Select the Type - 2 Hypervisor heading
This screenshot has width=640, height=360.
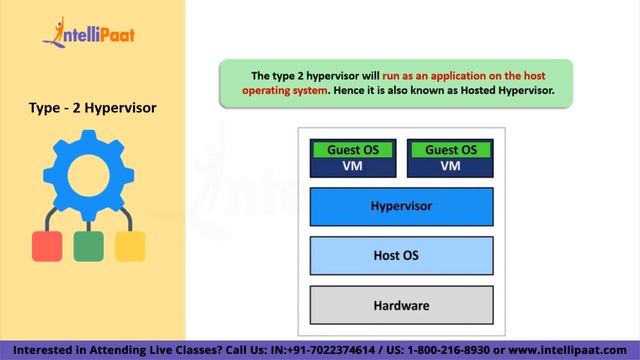pyautogui.click(x=92, y=109)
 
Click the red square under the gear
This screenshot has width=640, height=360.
pyautogui.click(x=47, y=245)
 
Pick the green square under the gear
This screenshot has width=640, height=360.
pyautogui.click(x=88, y=245)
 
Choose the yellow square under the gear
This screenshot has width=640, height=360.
pyautogui.click(x=130, y=245)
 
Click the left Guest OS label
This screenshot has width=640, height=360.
pyautogui.click(x=353, y=150)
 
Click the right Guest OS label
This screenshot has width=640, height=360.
pyautogui.click(x=450, y=150)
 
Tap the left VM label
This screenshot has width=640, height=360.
pyautogui.click(x=353, y=166)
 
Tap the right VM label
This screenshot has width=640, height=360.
pyautogui.click(x=450, y=166)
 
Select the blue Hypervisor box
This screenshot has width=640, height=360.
pyautogui.click(x=401, y=206)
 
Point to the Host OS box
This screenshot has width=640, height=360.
pyautogui.click(x=401, y=256)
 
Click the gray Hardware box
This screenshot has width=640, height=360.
pyautogui.click(x=401, y=305)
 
